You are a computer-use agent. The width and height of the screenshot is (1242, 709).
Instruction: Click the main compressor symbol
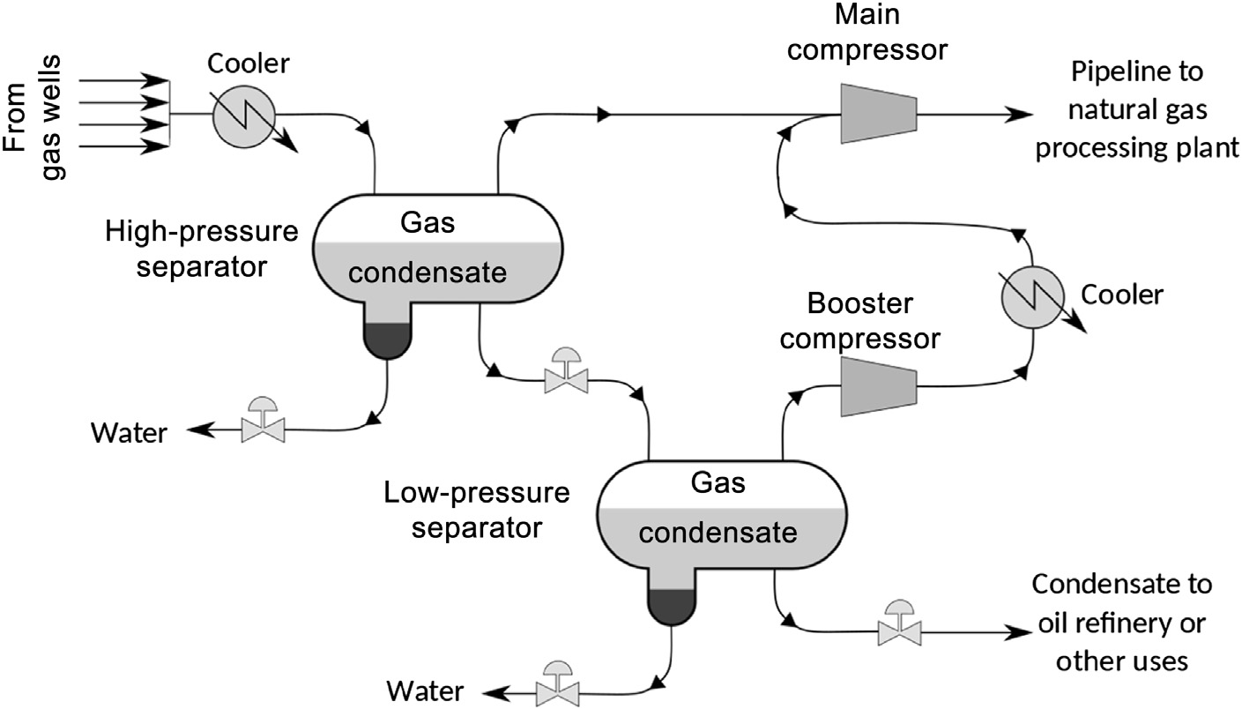878,114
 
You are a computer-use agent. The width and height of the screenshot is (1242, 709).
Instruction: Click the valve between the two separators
567,376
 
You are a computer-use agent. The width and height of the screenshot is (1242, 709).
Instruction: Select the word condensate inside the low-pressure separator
718,533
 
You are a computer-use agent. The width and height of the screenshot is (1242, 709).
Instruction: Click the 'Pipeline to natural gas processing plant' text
1136,109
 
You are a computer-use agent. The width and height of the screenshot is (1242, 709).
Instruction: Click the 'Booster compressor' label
862,321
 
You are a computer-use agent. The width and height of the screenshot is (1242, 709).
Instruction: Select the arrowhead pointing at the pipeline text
1021,115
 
